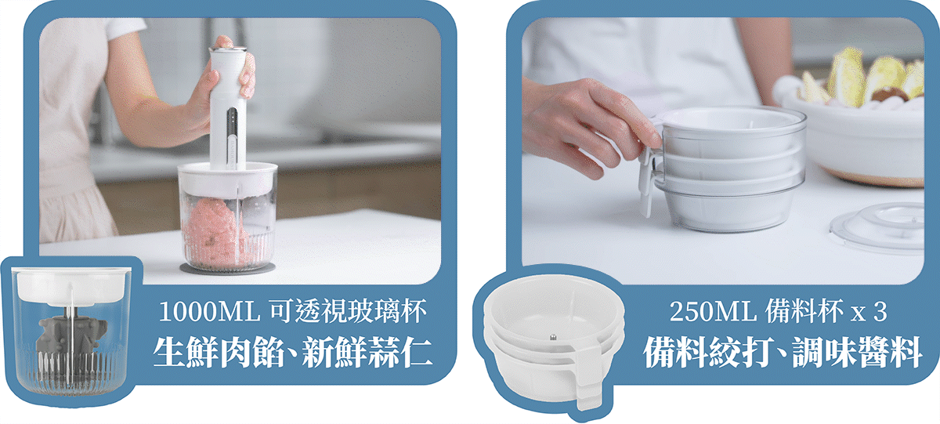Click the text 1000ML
pos(209,311)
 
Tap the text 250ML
pos(713,311)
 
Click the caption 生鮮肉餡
pos(219,353)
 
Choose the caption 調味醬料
pos(857,353)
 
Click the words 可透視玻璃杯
pos(349,311)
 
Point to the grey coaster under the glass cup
pos(227,269)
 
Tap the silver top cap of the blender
pos(227,49)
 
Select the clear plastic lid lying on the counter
pos(877,228)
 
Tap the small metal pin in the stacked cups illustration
pos(553,337)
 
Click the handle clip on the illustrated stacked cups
pos(587,378)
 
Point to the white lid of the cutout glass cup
pos(71,285)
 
